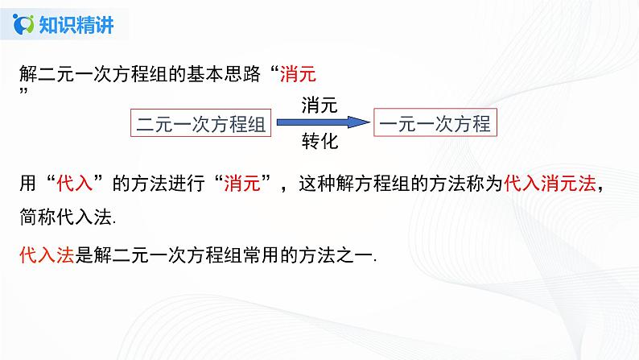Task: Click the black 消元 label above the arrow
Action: coord(319,105)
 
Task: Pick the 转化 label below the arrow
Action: coord(319,143)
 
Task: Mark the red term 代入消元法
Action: coord(550,184)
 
